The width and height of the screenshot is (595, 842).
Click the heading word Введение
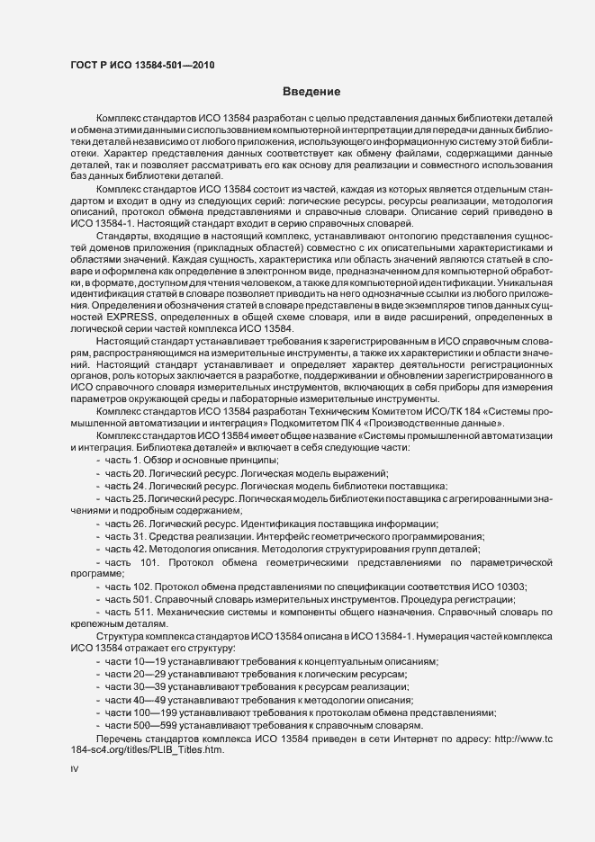(311, 93)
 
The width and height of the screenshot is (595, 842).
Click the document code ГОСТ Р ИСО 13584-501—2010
(142, 65)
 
